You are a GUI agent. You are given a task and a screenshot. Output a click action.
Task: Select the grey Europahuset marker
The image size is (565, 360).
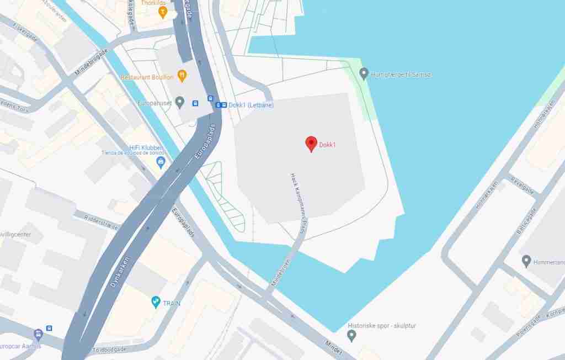(x=179, y=102)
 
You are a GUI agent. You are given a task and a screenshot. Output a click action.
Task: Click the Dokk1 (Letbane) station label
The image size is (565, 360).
(x=243, y=105)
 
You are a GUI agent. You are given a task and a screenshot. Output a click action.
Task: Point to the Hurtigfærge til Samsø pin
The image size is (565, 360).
(x=364, y=73)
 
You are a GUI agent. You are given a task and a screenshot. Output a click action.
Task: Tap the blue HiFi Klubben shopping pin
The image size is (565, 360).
(x=161, y=162)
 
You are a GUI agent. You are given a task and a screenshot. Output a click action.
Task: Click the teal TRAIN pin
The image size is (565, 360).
(x=156, y=302)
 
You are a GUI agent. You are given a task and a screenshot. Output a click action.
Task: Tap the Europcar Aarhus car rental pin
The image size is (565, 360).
(x=38, y=335)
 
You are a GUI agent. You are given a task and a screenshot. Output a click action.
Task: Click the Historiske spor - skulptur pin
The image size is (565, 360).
(x=351, y=335)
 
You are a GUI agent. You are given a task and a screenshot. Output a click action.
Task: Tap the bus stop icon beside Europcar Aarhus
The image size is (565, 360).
(x=50, y=328)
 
